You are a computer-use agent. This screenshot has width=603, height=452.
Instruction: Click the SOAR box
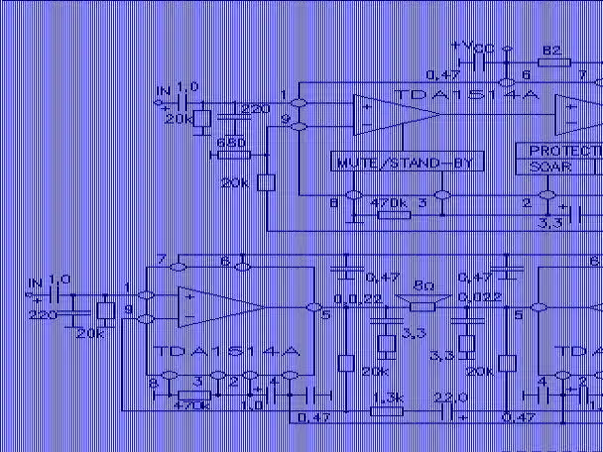pos(551,168)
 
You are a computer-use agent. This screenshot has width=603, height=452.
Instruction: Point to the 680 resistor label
pos(229,143)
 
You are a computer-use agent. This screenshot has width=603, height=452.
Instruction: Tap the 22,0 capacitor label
pos(452,397)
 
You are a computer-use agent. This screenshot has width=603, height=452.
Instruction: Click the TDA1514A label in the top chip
pos(468,94)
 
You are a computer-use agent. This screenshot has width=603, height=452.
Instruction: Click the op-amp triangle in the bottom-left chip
pos(203,305)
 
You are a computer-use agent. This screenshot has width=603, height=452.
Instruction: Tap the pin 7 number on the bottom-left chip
pos(160,259)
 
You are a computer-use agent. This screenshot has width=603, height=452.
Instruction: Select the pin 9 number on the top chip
pos(285,119)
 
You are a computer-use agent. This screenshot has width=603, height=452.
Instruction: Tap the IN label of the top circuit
pos(163,92)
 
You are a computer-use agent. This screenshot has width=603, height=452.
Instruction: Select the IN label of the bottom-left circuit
pos(36,281)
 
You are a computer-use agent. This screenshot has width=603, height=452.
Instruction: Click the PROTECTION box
pos(560,151)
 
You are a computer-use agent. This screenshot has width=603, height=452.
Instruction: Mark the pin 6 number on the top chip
pos(526,74)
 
